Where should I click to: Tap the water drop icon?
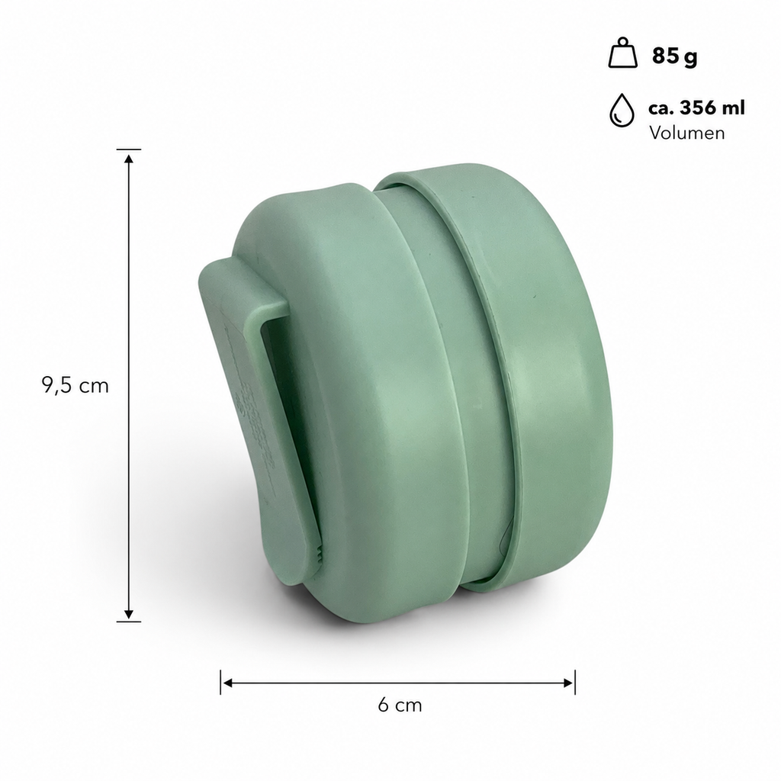622,110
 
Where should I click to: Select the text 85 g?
674,55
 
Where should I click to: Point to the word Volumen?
687,133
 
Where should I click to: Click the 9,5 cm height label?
76,385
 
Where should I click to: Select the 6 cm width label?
400,705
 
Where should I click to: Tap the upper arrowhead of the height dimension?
129,159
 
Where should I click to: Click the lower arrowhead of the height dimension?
129,614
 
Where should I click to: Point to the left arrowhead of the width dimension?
227,683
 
